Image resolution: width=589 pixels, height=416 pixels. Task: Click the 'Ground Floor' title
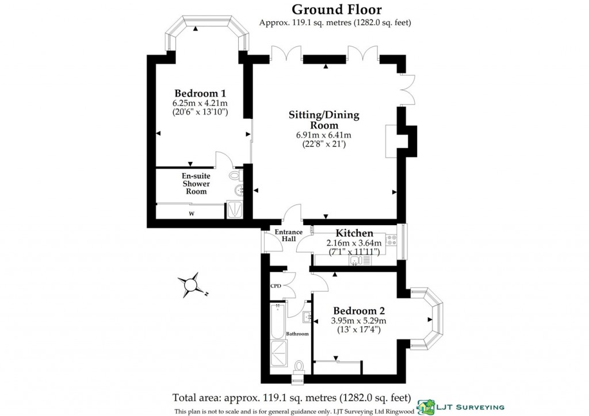click(x=336, y=9)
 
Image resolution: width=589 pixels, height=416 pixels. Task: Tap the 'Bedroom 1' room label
click(x=200, y=94)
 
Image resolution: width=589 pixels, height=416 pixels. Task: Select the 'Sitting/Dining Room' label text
click(x=324, y=120)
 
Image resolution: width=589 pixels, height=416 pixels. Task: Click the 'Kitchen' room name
click(x=354, y=233)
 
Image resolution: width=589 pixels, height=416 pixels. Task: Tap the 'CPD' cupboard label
click(x=276, y=286)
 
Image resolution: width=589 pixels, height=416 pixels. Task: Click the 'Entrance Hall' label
click(x=288, y=236)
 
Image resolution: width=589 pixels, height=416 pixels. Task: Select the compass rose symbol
click(x=190, y=284)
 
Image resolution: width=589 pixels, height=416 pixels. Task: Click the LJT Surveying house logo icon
click(x=426, y=406)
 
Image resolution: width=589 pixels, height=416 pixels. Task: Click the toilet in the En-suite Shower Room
click(x=235, y=175)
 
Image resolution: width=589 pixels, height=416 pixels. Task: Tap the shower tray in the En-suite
click(x=235, y=210)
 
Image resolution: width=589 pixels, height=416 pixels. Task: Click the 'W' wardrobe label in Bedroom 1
click(x=192, y=214)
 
